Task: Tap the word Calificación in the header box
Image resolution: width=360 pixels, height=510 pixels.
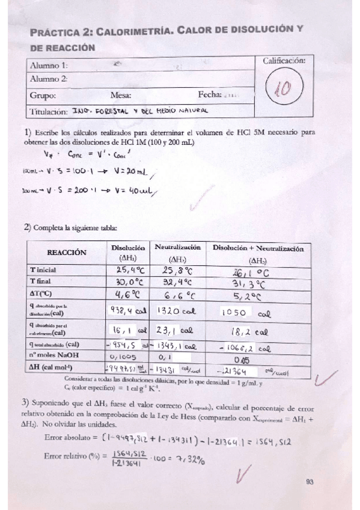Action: (x=284, y=61)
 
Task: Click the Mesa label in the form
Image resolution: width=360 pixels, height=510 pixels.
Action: (x=121, y=95)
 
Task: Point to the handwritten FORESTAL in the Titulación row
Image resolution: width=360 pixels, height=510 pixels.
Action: (x=114, y=111)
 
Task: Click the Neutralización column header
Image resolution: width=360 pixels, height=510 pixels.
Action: (x=177, y=247)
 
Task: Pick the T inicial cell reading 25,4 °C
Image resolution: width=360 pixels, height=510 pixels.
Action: (x=127, y=269)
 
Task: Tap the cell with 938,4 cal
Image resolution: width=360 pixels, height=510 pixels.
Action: (x=127, y=311)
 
